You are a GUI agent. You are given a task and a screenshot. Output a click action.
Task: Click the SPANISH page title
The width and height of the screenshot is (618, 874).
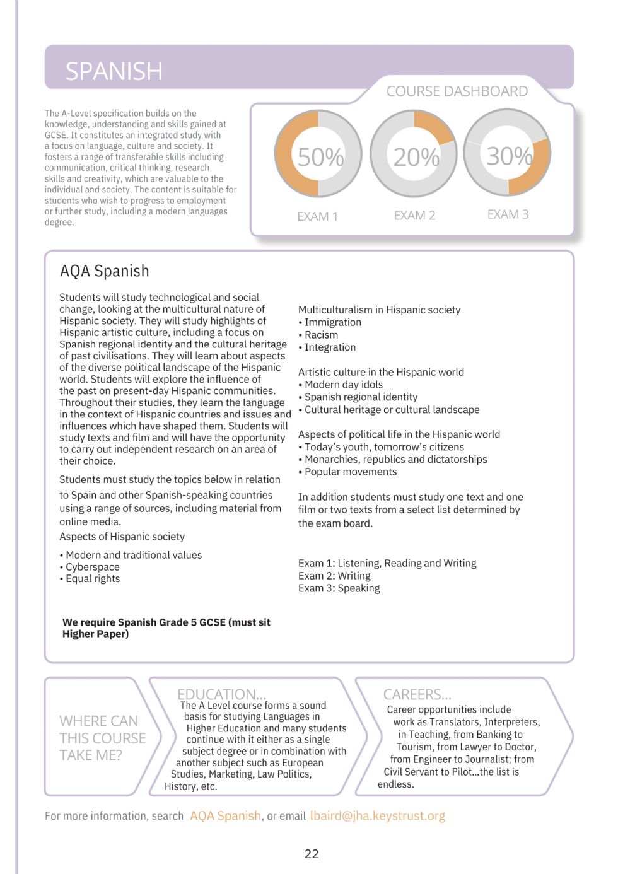tap(114, 71)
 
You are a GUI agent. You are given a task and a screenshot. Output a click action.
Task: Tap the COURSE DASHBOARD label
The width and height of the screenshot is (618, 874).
tap(457, 91)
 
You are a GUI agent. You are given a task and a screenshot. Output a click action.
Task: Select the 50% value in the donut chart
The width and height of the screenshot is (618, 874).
tap(320, 157)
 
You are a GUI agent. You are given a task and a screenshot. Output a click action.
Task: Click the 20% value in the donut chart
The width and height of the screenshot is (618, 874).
tap(416, 157)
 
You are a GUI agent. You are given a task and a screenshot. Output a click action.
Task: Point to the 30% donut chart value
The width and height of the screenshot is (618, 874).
tap(509, 156)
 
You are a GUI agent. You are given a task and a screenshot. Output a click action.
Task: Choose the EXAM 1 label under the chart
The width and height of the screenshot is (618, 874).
tap(317, 216)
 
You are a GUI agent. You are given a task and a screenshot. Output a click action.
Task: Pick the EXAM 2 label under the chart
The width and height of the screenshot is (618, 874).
tap(414, 216)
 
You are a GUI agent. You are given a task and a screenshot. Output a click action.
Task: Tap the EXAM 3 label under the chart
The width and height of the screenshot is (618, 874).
tap(508, 214)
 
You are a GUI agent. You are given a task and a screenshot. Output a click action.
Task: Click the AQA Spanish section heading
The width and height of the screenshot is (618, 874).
tap(105, 271)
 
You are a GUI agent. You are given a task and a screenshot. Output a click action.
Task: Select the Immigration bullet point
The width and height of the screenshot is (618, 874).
tap(332, 322)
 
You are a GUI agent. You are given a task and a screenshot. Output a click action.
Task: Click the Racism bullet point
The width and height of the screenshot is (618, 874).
tap(321, 335)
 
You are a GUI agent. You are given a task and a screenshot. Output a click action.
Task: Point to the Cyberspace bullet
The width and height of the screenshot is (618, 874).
tap(92, 567)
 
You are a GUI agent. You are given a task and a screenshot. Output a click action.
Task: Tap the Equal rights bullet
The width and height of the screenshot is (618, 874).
tap(92, 579)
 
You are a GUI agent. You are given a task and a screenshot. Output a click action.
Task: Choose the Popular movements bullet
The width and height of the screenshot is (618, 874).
tap(350, 472)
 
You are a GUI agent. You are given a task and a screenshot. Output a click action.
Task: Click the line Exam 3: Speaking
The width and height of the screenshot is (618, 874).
tap(339, 588)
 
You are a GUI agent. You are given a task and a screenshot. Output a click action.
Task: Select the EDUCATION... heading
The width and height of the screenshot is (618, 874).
tap(221, 694)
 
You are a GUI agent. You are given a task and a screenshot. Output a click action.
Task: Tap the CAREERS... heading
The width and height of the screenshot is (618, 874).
tap(417, 694)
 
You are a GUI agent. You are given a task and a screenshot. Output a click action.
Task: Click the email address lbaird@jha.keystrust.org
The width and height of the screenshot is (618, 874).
tap(377, 816)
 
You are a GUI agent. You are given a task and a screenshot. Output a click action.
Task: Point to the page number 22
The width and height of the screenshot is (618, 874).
tap(312, 854)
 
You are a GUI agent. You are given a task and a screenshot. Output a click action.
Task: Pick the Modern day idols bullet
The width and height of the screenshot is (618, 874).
tap(343, 385)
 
